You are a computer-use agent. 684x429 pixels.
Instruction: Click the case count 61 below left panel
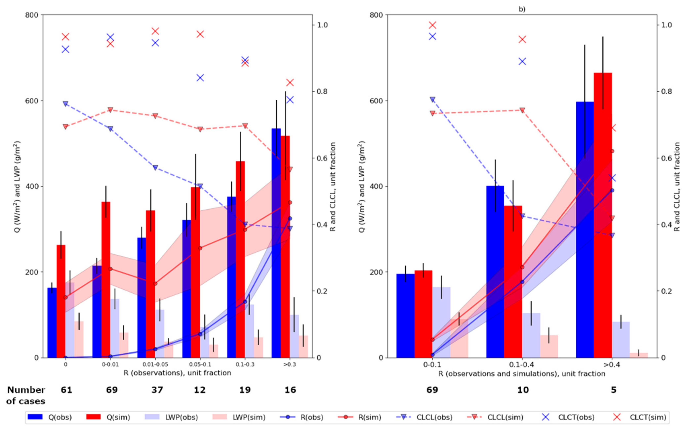tap(66, 390)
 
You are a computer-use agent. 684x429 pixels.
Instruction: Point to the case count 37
tap(157, 390)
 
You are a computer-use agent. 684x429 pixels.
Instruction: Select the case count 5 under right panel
tap(613, 390)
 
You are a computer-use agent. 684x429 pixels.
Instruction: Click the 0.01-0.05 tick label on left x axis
tap(155, 364)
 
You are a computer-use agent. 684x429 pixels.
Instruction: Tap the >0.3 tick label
tap(289, 364)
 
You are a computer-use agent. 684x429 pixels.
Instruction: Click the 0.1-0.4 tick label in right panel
tap(522, 364)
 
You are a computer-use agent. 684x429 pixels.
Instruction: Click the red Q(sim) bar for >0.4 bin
tap(603, 216)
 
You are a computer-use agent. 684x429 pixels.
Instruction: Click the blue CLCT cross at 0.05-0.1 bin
tap(200, 78)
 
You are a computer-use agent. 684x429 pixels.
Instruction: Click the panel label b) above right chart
tap(522, 9)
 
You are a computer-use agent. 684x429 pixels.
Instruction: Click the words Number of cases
tap(26, 395)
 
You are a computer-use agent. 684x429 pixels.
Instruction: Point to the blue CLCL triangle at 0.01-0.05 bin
tap(155, 167)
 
